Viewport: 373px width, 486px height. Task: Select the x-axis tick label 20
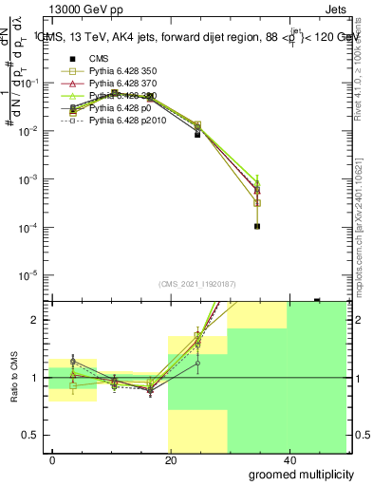171,459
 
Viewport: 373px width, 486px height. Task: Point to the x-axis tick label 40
289,459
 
